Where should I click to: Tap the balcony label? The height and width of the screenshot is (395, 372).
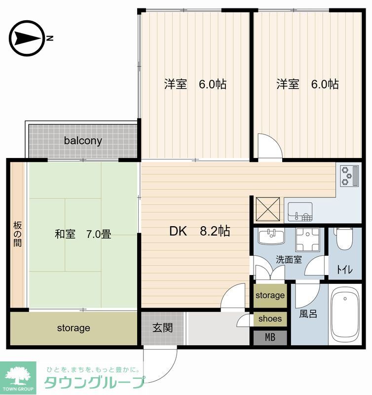83,141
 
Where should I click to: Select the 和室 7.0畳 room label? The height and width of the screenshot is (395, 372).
82,234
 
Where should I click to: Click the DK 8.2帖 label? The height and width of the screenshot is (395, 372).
199,231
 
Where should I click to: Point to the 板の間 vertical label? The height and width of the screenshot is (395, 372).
17,235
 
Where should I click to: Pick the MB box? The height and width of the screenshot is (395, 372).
270,338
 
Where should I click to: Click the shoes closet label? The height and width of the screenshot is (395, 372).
270,318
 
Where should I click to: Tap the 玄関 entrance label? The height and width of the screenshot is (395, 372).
162,328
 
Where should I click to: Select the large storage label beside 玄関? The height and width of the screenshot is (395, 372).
73,328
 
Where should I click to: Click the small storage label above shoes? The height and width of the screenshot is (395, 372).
270,296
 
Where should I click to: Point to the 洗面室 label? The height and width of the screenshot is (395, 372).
289,259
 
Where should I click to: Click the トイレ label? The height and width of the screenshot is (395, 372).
344,270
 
